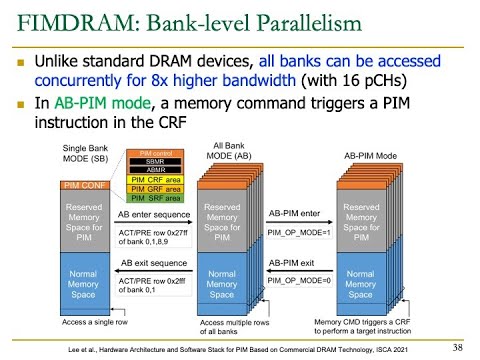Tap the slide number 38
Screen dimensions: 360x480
click(458, 347)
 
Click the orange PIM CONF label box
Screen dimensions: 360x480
click(85, 185)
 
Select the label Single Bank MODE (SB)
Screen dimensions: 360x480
click(88, 154)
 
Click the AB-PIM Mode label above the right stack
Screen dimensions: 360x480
click(371, 157)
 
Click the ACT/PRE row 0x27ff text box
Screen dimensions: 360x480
click(153, 237)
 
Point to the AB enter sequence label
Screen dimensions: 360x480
click(153, 214)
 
